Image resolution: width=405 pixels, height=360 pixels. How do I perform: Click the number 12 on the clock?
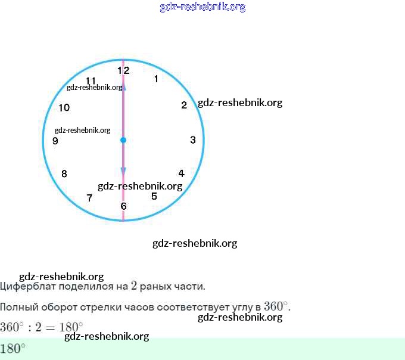[x=123, y=70]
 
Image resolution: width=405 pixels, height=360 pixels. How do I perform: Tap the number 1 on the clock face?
[x=156, y=79]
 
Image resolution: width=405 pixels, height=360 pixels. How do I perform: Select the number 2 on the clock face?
[x=184, y=105]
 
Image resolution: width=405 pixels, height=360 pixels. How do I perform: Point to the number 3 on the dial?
[x=193, y=140]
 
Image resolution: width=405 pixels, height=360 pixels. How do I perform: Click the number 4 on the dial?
[x=181, y=173]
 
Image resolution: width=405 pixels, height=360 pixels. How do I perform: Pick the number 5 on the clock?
[x=154, y=196]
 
